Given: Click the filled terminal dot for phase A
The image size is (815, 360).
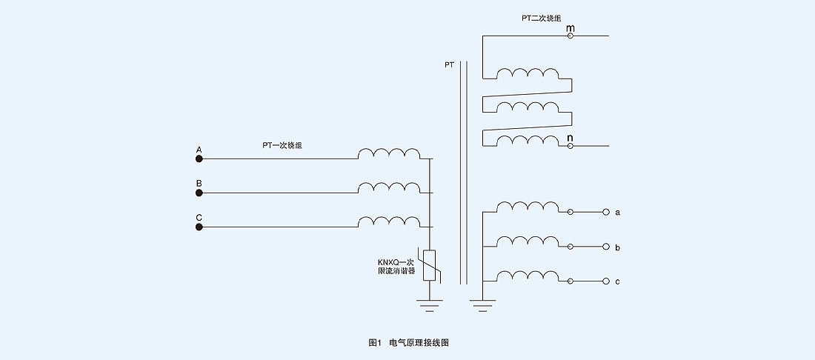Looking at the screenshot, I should pyautogui.click(x=199, y=159).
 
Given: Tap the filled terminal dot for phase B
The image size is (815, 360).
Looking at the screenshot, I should pyautogui.click(x=199, y=193).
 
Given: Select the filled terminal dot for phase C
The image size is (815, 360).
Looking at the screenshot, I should pyautogui.click(x=199, y=227).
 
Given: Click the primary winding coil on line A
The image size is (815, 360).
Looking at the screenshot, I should pyautogui.click(x=388, y=153).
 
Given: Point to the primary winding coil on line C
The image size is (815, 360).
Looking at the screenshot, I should pyautogui.click(x=388, y=222).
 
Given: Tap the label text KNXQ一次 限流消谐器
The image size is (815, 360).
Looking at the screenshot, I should pyautogui.click(x=396, y=266).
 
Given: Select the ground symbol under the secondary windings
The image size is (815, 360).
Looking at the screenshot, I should pyautogui.click(x=482, y=303).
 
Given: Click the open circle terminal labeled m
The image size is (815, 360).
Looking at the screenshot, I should pyautogui.click(x=570, y=36).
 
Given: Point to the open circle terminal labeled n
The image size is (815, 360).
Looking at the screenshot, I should pyautogui.click(x=570, y=146).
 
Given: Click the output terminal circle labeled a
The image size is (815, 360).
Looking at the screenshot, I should pyautogui.click(x=605, y=213).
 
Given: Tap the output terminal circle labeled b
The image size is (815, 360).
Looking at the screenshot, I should pyautogui.click(x=605, y=247).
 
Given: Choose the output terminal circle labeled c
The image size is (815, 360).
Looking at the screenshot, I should pyautogui.click(x=605, y=281).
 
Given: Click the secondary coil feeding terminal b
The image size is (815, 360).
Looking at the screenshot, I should pyautogui.click(x=528, y=241).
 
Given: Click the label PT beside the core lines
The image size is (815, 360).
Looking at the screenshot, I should pyautogui.click(x=449, y=65).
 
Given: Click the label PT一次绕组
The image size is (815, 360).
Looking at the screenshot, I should pyautogui.click(x=282, y=146).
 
